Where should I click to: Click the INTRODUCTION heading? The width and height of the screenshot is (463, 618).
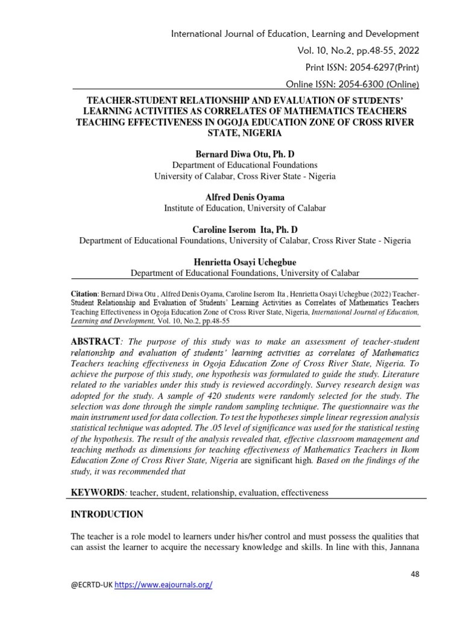point(107,514)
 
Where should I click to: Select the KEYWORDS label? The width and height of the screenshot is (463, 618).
point(97,492)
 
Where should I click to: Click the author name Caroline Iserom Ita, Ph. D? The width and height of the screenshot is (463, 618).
point(245,230)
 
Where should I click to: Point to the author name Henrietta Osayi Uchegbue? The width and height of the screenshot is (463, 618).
point(245,263)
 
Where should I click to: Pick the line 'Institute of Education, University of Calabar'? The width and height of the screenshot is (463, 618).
point(245,208)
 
